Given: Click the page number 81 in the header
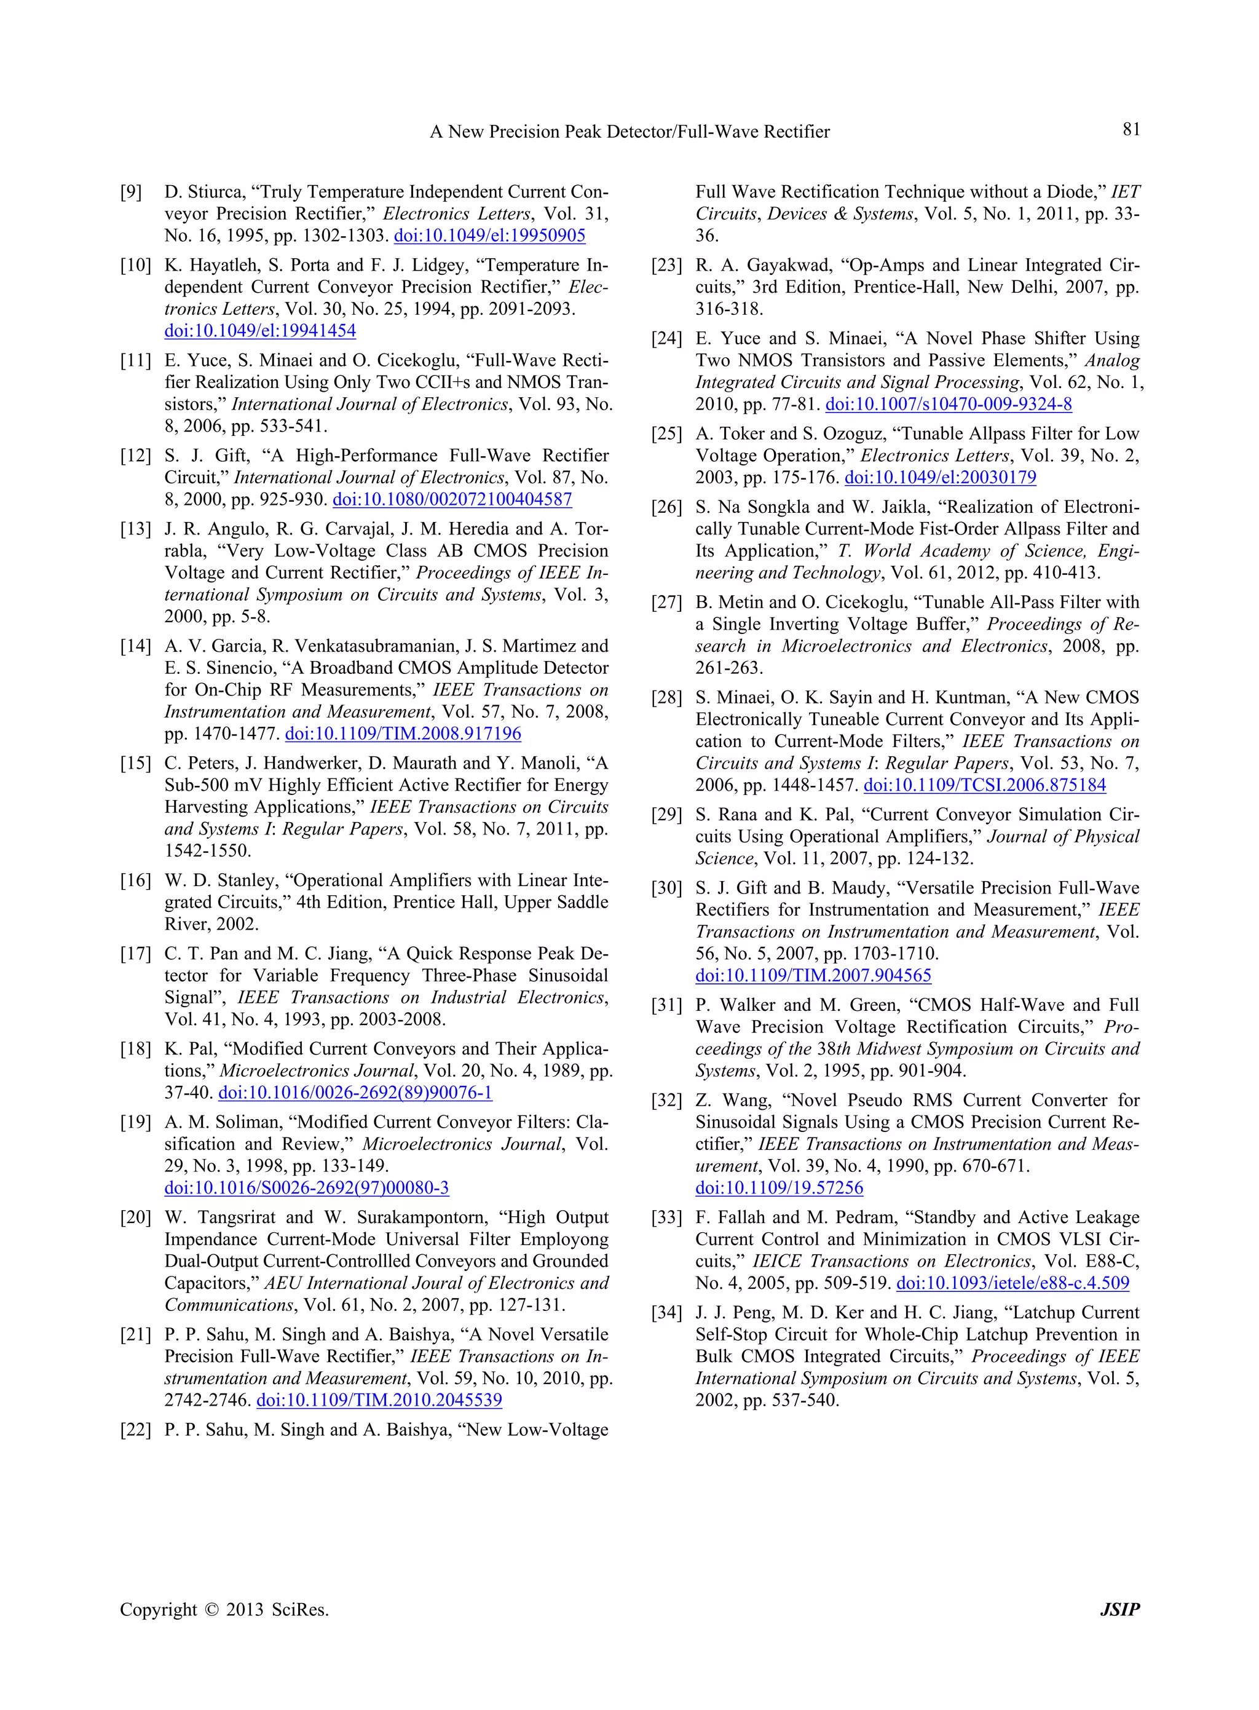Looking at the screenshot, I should [x=1131, y=130].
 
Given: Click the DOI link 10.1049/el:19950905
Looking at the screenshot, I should [x=489, y=236].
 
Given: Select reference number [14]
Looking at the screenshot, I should [x=136, y=646].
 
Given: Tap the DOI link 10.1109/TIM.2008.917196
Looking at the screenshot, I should [x=403, y=734].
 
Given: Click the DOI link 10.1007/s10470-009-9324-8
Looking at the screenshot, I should [x=949, y=404].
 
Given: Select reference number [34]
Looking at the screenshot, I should [x=667, y=1313].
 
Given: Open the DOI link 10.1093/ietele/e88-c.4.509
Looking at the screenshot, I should [x=1013, y=1283].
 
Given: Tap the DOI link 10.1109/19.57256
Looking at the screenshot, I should [x=779, y=1188].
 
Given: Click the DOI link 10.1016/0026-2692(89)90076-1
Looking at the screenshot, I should [x=355, y=1093].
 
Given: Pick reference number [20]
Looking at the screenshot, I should [x=136, y=1217].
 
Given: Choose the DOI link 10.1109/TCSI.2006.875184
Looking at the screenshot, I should [x=985, y=785].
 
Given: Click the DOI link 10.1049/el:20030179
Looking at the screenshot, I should [x=941, y=477].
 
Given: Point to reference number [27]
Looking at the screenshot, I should [x=667, y=602].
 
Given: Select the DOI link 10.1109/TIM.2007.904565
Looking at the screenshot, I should [x=813, y=976].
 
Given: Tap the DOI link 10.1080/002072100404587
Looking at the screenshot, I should [x=452, y=499].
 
